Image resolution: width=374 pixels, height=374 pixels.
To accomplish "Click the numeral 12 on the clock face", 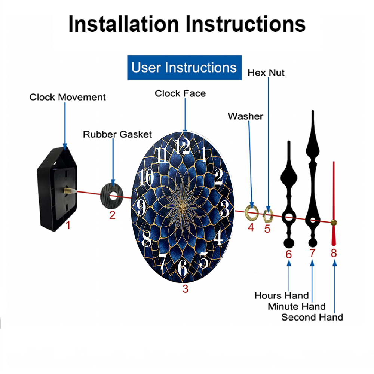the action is (x=182, y=147).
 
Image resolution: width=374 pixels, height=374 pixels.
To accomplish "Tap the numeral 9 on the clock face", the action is (x=141, y=207).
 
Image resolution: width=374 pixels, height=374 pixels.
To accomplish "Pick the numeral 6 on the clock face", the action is (x=183, y=267).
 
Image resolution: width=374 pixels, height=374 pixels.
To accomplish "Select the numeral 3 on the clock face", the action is (x=224, y=208).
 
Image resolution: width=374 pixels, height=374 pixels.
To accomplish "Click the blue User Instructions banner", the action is (x=184, y=67).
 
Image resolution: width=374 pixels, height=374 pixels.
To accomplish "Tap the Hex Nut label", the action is (x=266, y=73).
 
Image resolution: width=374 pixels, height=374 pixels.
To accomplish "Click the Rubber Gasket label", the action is (x=117, y=134).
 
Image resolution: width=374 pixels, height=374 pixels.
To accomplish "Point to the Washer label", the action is (x=245, y=116).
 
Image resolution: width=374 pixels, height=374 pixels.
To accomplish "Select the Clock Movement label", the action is (x=67, y=97).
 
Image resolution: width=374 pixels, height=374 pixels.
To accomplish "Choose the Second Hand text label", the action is (x=312, y=317).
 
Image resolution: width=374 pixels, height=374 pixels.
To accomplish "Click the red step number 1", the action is (x=68, y=225).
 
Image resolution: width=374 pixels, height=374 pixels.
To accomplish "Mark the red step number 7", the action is (x=312, y=253).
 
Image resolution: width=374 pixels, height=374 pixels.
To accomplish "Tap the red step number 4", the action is (x=251, y=227).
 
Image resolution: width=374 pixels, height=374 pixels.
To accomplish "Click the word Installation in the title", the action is (x=123, y=24).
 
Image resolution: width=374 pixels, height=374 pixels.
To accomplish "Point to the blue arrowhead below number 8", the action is (x=335, y=263).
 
